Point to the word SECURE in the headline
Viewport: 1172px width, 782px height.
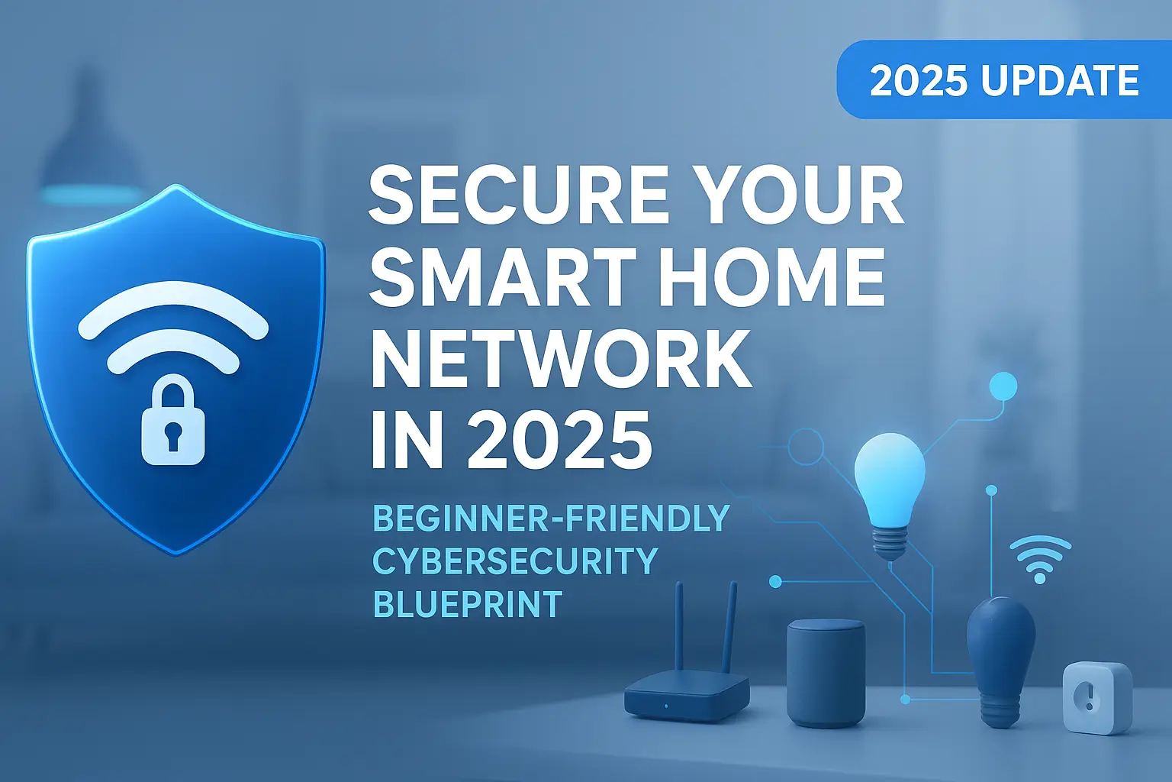click(x=519, y=196)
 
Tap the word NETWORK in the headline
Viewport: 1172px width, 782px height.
click(x=561, y=360)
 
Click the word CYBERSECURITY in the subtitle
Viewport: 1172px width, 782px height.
click(x=514, y=561)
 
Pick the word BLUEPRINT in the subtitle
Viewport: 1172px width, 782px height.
click(x=467, y=605)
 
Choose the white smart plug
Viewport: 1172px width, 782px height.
click(x=1097, y=697)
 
